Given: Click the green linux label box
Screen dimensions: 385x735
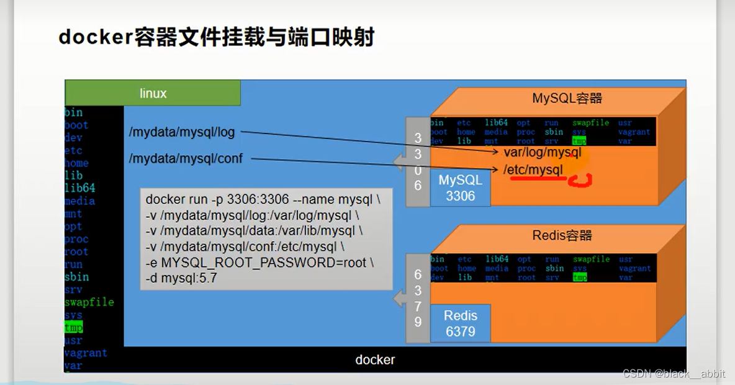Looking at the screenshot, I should [153, 93].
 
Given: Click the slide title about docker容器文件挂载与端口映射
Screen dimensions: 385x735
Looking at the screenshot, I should [216, 38].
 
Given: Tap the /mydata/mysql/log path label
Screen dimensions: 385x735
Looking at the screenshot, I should [182, 132].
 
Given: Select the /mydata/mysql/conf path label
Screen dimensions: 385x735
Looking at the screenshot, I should [186, 159].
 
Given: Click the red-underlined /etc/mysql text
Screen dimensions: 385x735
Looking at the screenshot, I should [533, 170].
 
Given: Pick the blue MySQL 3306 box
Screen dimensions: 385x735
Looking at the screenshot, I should [460, 188].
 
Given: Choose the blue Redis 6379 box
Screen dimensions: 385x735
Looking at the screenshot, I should [460, 324].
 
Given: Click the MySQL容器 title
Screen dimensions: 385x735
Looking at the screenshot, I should [567, 98].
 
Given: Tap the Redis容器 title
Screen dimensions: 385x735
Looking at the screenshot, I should [562, 236].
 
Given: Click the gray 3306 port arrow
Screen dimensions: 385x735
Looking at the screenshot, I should [417, 162].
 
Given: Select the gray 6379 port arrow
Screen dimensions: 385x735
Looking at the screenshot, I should [417, 298].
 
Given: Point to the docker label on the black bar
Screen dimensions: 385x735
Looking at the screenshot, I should [375, 360].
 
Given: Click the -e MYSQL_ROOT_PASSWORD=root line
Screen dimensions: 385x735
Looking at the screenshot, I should [259, 263].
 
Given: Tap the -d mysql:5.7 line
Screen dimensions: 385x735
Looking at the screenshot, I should [181, 279].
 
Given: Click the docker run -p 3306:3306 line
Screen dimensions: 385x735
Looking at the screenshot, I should [262, 199].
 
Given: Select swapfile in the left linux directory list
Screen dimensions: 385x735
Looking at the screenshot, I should [89, 302].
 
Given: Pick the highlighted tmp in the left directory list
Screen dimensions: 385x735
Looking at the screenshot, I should [73, 327].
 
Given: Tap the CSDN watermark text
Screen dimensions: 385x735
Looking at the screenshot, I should [673, 374].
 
